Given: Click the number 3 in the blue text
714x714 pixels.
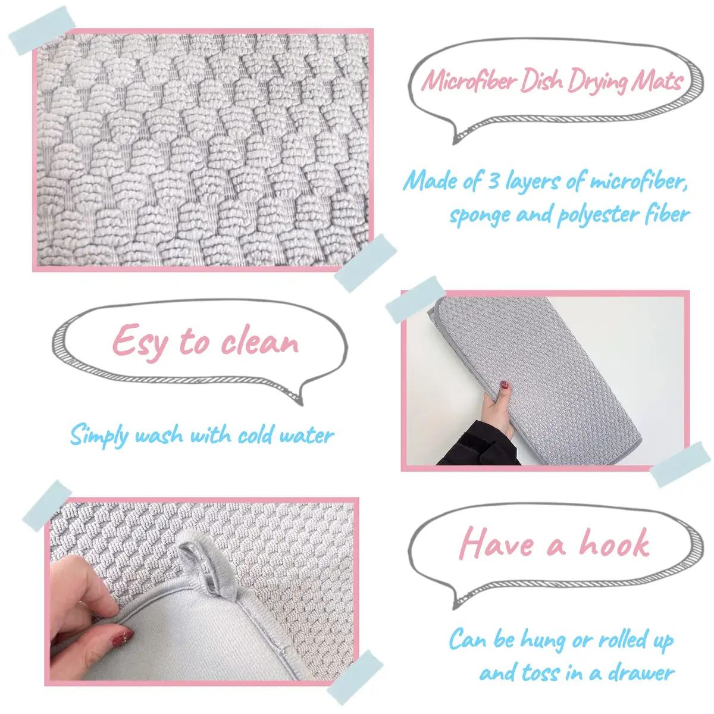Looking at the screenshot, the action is (493, 181).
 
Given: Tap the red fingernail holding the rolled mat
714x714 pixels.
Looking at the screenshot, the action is (505, 386).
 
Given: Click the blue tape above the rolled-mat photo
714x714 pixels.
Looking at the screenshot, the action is (415, 300).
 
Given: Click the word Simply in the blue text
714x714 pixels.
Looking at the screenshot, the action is (99, 437).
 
